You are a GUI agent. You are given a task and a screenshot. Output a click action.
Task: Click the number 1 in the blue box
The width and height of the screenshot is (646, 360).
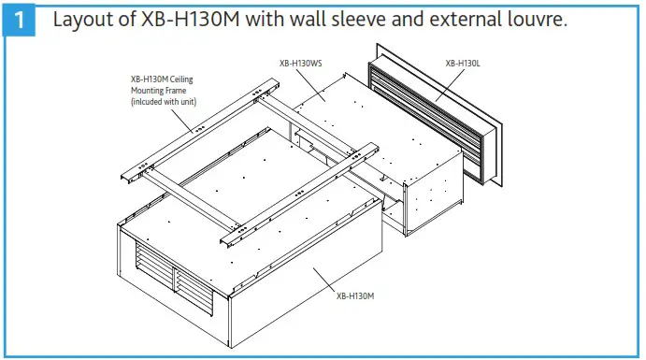[19, 19]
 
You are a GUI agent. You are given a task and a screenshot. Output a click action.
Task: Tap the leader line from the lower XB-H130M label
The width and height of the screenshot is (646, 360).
[327, 281]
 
